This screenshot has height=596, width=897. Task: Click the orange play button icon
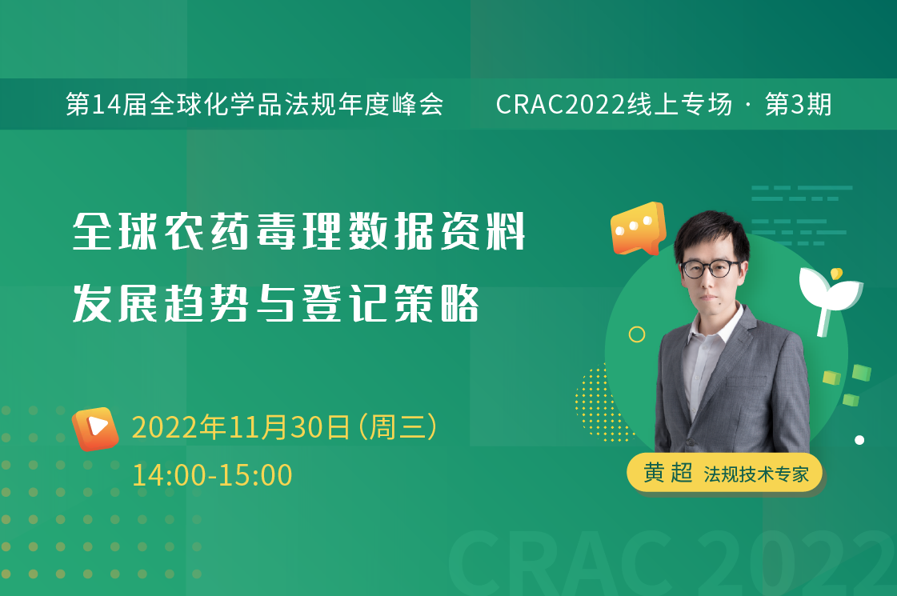95,429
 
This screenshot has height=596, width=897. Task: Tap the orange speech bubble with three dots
638,228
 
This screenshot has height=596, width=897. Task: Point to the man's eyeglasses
711,268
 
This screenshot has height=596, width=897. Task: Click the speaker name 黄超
668,473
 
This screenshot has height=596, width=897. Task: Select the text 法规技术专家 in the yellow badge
756,474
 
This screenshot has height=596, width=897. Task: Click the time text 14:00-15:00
212,475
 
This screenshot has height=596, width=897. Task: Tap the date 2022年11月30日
241,427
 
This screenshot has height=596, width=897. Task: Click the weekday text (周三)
398,427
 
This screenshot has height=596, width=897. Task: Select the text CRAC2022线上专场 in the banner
614,105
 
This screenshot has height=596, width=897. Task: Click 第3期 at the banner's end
798,105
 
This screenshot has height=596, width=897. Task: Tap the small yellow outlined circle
637,334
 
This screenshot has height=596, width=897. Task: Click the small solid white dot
859,440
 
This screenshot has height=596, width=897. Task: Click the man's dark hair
711,234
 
